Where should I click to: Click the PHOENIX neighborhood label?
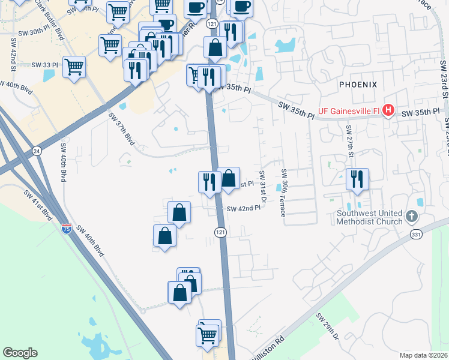[358, 85]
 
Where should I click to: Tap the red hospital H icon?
[388, 110]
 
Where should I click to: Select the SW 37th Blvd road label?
[120, 128]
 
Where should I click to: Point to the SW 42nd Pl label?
[244, 208]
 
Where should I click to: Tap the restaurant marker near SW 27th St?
[357, 178]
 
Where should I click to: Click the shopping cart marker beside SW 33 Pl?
[74, 67]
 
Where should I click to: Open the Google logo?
[20, 352]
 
